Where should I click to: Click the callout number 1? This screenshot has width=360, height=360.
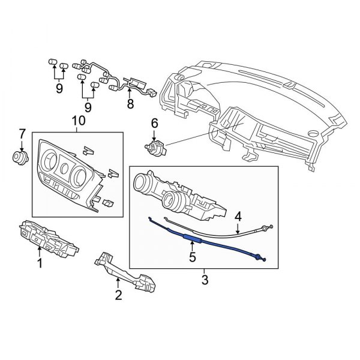tap(41, 263)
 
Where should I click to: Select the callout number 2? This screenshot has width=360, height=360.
tap(119, 294)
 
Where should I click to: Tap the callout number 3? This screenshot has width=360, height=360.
tap(205, 280)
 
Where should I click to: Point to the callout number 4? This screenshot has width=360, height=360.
tap(238, 215)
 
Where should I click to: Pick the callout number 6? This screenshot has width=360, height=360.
tap(154, 123)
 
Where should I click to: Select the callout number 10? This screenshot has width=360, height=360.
tap(79, 121)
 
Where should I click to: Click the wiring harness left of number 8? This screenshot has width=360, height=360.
tap(99, 75)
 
